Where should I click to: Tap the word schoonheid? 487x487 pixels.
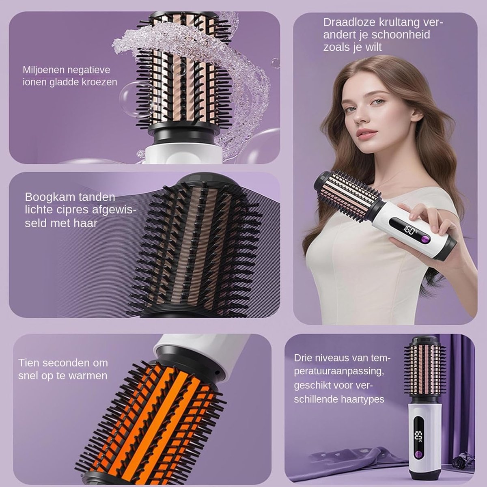pos(401,34)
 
